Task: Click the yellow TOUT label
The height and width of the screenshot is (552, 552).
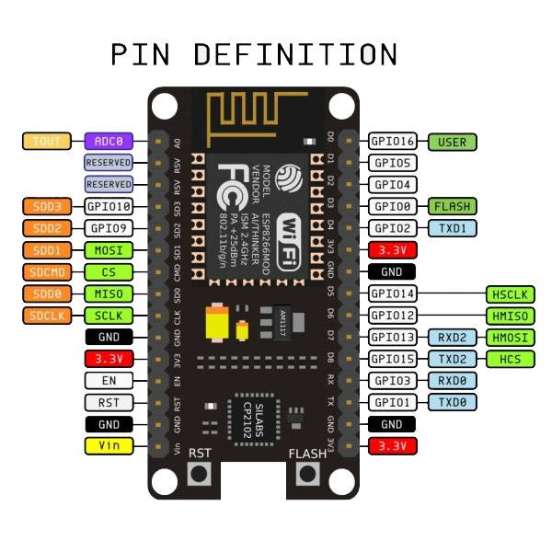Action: point(45,141)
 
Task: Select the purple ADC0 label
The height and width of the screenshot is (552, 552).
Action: point(109,141)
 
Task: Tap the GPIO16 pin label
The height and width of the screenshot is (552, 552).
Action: point(393,142)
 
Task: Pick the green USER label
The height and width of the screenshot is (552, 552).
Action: point(452,142)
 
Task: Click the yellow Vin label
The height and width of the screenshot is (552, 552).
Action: point(109,446)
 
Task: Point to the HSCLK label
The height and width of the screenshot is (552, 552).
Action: point(510,294)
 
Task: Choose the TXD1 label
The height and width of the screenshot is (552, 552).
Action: point(452,227)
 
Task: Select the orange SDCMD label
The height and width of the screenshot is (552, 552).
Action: point(45,272)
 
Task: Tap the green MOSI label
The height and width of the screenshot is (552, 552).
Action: point(109,250)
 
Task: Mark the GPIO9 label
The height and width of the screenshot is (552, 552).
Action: point(109,227)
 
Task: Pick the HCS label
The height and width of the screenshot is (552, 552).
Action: point(510,359)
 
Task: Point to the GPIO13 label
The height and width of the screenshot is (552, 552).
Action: point(393,338)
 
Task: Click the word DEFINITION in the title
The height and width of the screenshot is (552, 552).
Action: point(297,53)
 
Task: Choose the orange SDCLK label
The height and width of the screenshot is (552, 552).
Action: point(45,316)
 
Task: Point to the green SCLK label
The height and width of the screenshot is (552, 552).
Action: point(109,316)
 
